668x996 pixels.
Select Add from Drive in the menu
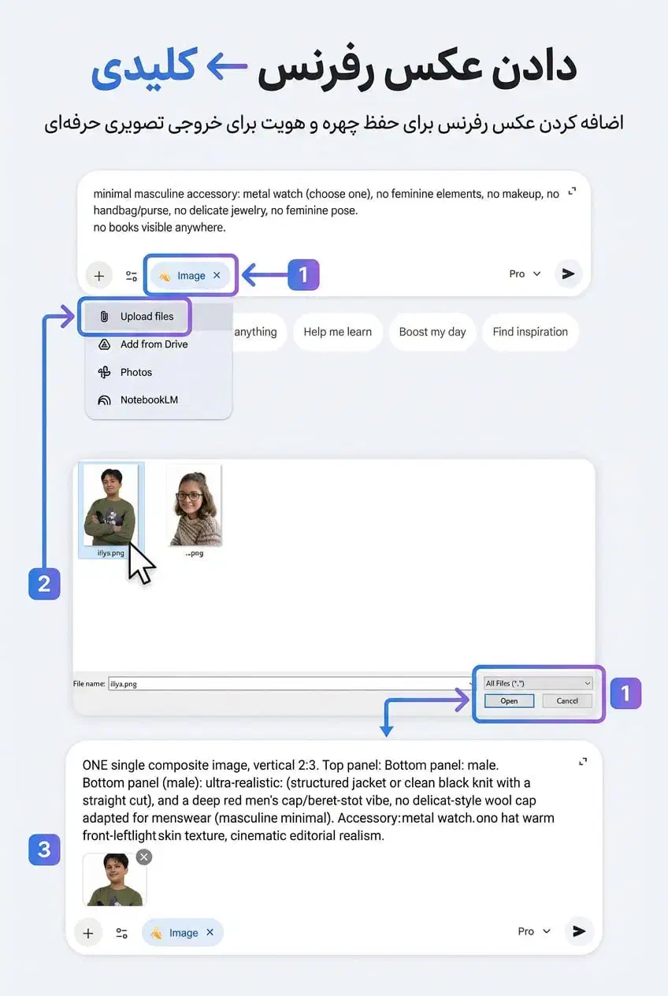click(x=143, y=344)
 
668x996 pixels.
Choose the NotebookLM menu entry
click(x=138, y=400)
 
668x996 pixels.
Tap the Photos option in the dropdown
click(x=125, y=372)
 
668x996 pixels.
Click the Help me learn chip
click(x=338, y=332)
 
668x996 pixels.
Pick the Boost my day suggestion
click(x=432, y=332)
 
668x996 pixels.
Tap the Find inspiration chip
click(x=530, y=332)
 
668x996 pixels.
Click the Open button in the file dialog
click(x=509, y=701)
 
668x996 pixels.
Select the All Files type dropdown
click(x=538, y=683)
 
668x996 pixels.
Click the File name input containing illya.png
click(x=290, y=684)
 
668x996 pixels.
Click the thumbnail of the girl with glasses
click(x=195, y=505)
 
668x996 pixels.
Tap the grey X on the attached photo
click(x=144, y=857)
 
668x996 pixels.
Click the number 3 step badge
click(x=44, y=849)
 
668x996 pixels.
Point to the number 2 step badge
click(x=44, y=584)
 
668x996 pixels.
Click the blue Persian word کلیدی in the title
click(x=143, y=68)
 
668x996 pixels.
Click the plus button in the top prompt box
click(x=99, y=276)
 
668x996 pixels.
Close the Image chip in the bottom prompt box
click(x=210, y=932)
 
